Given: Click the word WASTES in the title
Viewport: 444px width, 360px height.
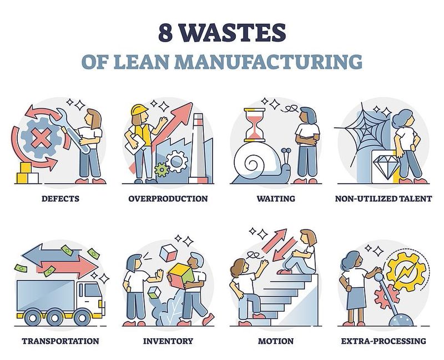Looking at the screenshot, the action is coord(233,33).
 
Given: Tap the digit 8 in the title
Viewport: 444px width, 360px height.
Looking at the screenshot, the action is coord(165,33).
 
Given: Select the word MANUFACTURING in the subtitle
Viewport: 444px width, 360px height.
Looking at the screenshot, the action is coord(269,62).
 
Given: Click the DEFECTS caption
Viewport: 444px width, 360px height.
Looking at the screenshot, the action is coord(60,198).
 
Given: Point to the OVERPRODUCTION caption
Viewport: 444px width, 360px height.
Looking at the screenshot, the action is coord(168,198).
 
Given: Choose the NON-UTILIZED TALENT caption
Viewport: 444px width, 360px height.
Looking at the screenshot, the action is coord(384,198).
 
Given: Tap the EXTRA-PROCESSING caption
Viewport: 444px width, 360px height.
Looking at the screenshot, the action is coord(384,341).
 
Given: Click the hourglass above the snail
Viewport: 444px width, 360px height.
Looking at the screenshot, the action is coord(255,125).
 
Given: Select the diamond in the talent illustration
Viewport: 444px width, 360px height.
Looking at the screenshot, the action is coord(385,166).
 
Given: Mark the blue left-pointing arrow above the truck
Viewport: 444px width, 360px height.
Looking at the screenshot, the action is coord(51,253).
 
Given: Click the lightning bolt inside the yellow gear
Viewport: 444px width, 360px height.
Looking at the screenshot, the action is coord(406,272).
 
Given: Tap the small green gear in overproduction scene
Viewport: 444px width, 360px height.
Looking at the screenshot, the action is coord(162,170).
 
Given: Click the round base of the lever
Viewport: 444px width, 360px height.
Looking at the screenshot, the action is coord(401,319).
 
